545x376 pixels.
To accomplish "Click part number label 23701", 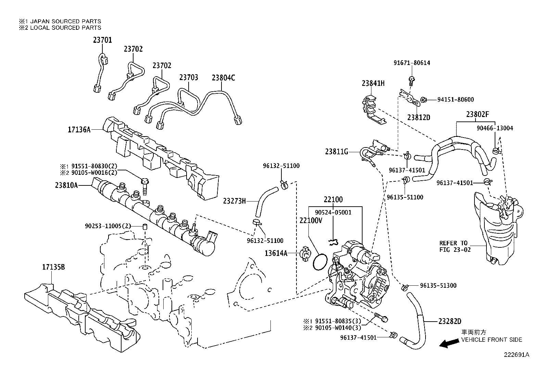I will tap(102, 40).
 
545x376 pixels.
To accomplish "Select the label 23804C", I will tap(223, 78).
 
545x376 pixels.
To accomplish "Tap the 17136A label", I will tap(79, 130).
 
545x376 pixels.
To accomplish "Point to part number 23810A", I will tap(66, 185).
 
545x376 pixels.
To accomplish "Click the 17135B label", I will tap(53, 267).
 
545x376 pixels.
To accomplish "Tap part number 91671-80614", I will tap(412, 63).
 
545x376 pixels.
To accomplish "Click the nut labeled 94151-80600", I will tap(423, 100).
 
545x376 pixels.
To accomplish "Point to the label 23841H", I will tap(373, 83).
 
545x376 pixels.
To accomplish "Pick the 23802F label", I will tap(477, 114).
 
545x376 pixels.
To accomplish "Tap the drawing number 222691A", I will tap(516, 355).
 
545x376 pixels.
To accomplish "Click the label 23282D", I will tap(450, 321).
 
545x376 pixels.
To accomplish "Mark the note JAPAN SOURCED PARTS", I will tap(65, 21).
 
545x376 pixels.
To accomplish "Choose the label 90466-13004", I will tap(495, 128).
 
